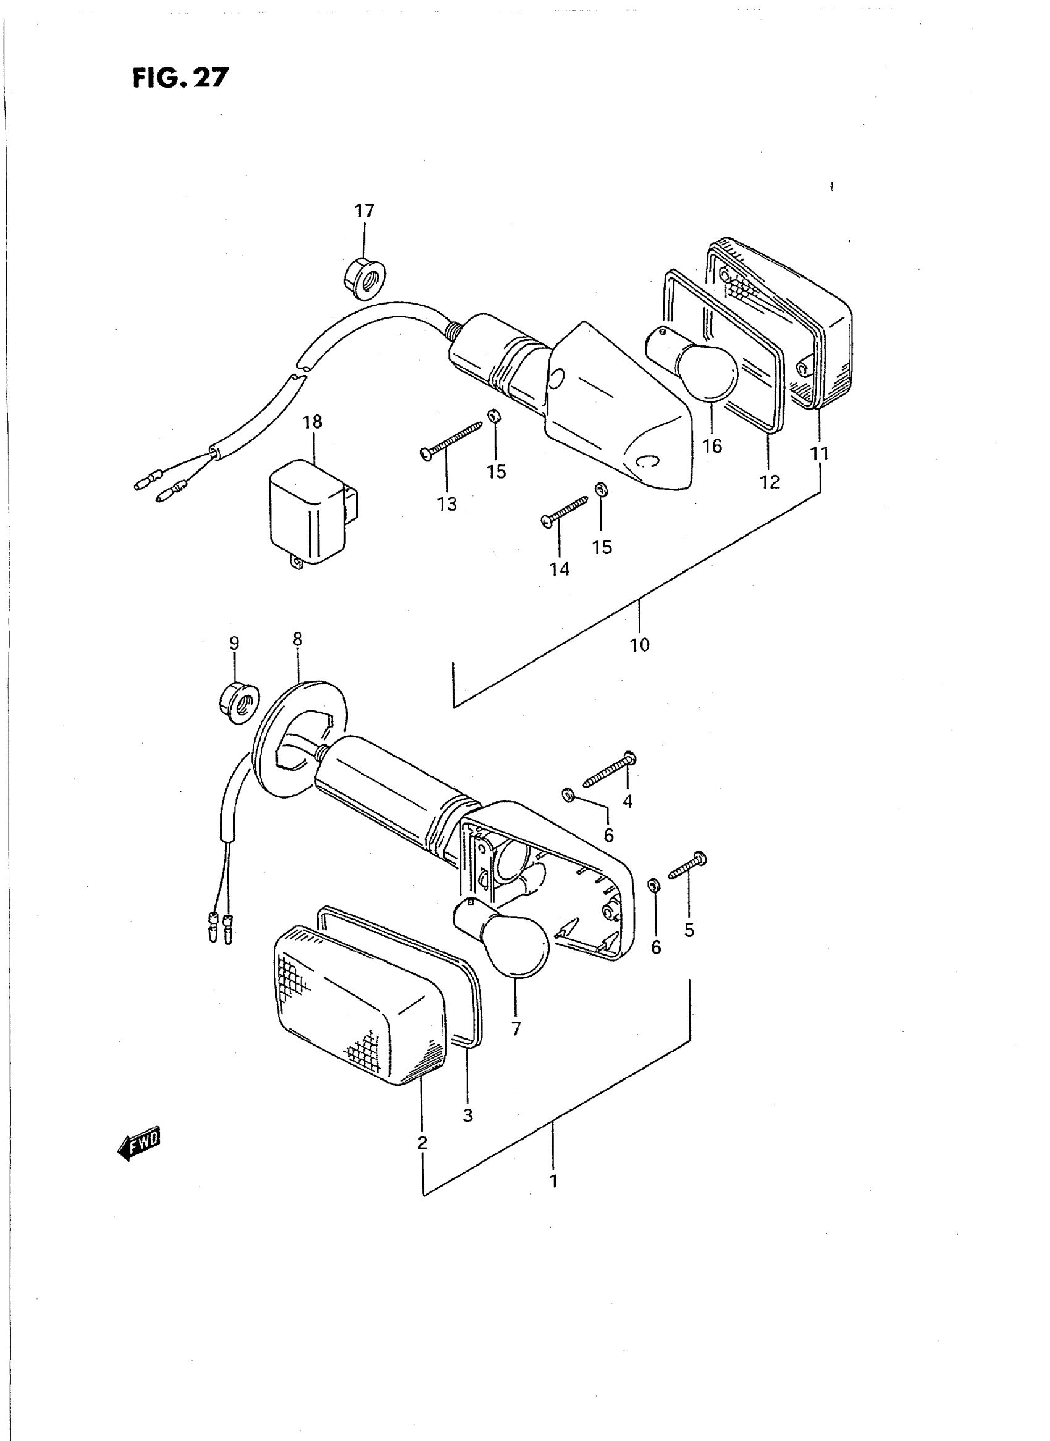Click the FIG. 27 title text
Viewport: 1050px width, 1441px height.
(180, 78)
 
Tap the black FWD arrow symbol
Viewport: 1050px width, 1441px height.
(139, 1144)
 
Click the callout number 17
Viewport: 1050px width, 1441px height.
(364, 211)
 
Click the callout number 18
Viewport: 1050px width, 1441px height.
(313, 422)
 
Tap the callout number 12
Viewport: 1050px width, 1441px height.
(770, 482)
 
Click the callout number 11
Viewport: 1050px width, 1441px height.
(820, 454)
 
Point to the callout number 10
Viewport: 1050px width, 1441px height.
(640, 645)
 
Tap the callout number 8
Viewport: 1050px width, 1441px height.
(298, 639)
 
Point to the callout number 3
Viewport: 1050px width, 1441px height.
(468, 1115)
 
